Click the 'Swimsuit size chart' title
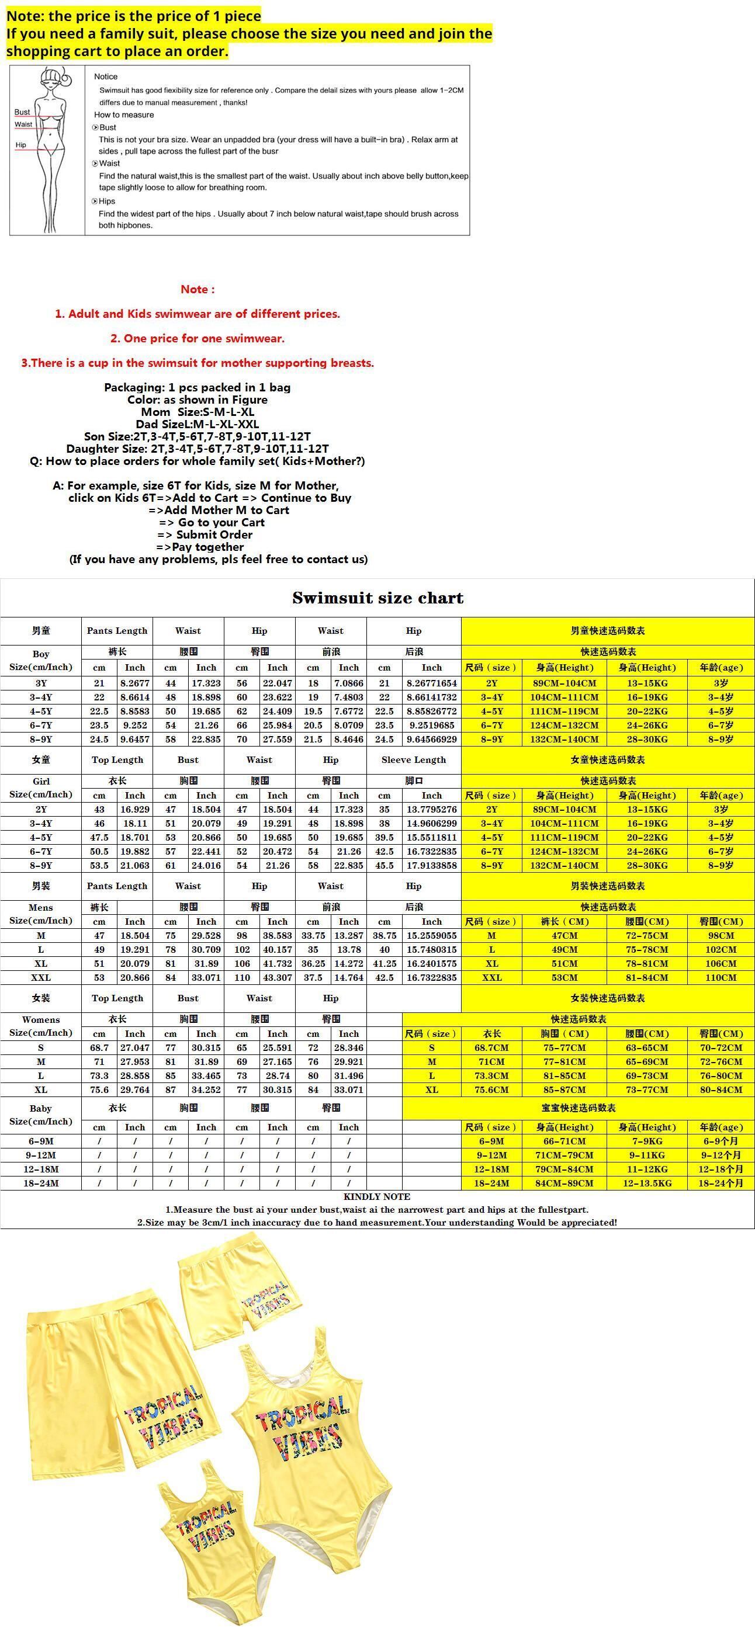click(378, 598)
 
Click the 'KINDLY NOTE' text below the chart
click(376, 1197)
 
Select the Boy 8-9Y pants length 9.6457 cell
click(135, 739)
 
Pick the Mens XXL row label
click(41, 977)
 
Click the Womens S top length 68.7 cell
click(99, 1047)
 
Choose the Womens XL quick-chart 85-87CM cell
click(564, 1089)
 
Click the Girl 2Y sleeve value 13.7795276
click(431, 810)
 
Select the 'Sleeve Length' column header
click(413, 760)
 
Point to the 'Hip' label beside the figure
click(21, 145)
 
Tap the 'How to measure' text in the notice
click(124, 115)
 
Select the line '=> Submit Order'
click(205, 535)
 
